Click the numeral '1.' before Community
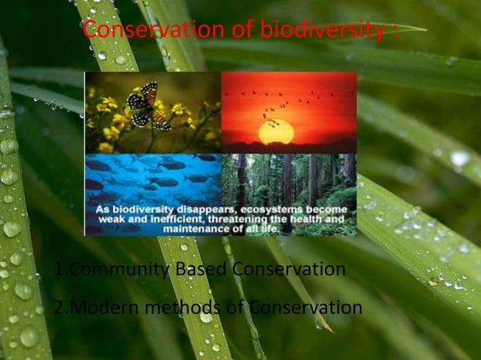point(60,269)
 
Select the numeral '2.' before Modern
point(60,308)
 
